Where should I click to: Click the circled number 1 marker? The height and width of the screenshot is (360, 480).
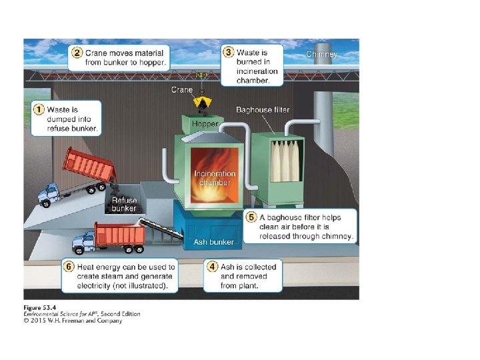coord(39,109)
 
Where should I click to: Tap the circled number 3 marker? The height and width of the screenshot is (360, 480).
coord(229,52)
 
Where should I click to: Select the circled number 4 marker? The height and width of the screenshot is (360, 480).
coord(212,267)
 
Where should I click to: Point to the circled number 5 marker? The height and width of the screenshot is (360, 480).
coord(251,217)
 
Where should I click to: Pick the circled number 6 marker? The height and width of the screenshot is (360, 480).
coord(68,267)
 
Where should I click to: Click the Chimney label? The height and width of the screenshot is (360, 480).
coord(321,54)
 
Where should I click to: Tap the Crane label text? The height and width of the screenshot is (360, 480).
coord(182,89)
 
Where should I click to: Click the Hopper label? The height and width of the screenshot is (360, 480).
coord(205,124)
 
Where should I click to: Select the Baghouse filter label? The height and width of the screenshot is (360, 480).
coord(263,109)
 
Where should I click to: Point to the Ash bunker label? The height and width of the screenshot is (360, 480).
coord(214,242)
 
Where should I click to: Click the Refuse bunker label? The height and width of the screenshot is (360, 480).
coord(125,204)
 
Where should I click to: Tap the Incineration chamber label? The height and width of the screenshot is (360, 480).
coord(215,178)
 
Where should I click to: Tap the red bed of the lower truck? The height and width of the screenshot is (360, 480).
coord(120,234)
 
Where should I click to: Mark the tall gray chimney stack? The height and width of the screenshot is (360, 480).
coord(323,120)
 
